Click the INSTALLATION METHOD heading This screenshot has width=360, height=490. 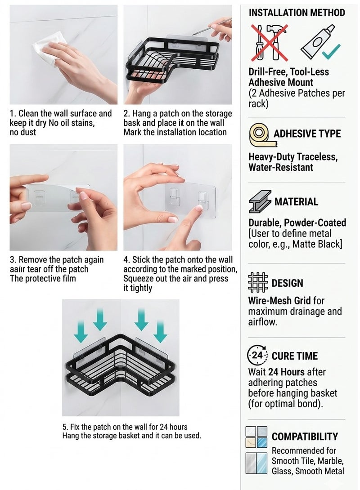click(x=297, y=13)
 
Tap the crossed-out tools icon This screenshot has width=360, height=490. click(x=269, y=43)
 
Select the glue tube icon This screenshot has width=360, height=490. click(x=317, y=40)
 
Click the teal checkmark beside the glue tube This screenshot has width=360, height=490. click(x=331, y=52)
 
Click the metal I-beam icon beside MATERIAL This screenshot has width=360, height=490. click(x=260, y=201)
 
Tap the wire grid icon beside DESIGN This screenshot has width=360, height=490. click(x=258, y=282)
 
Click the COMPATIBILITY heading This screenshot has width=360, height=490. click(x=305, y=437)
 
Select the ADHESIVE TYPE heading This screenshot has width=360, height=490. click(x=307, y=134)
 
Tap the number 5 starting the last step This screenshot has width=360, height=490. click(x=64, y=427)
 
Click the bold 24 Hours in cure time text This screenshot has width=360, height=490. click(x=286, y=372)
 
